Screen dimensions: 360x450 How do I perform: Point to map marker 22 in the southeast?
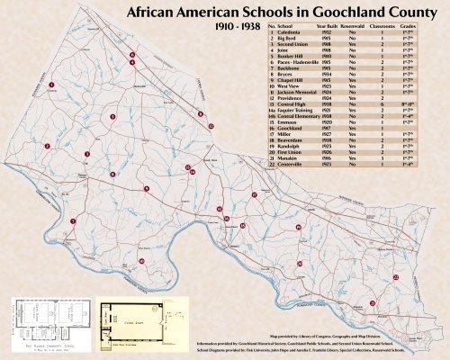click(x=395, y=278)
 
